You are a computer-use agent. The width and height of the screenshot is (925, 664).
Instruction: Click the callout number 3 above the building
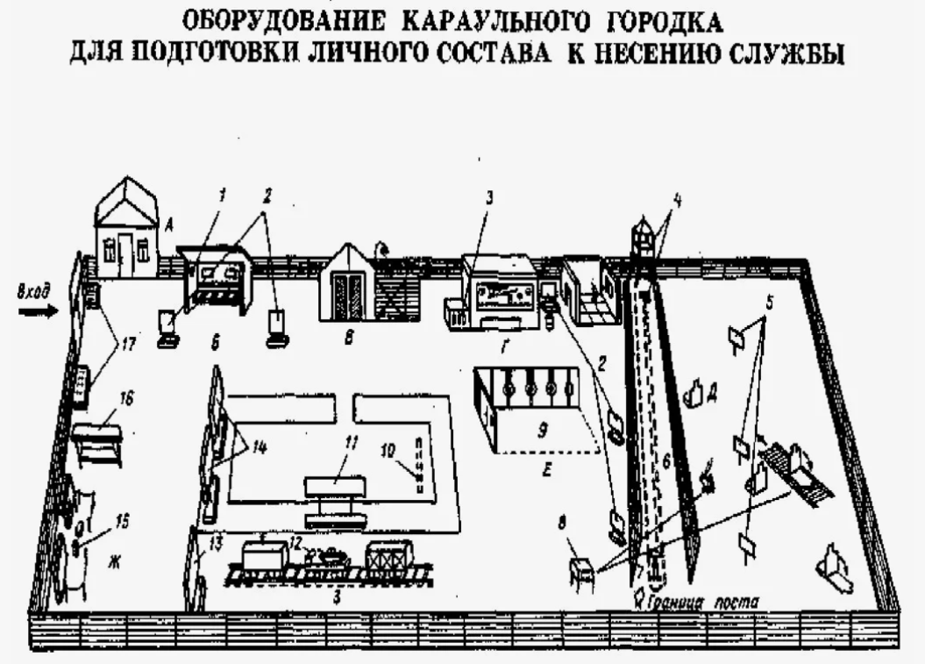490,197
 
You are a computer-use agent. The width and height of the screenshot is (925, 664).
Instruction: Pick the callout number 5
769,307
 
